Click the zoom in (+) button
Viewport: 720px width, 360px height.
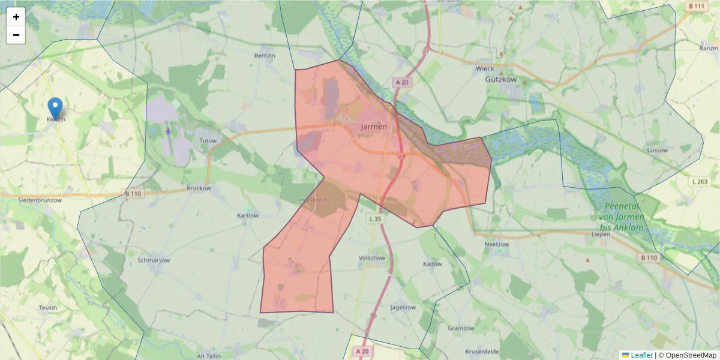coord(16,17)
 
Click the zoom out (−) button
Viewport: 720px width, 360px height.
coord(16,35)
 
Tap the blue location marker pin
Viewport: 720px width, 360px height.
coord(55,109)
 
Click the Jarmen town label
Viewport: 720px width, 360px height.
coord(374,127)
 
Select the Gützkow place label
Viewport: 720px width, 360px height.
coord(501,79)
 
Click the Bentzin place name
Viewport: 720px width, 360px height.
coord(265,55)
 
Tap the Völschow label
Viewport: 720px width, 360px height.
coord(371,258)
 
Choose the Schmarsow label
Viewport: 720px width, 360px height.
coord(154,261)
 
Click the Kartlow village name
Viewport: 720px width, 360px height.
coord(248,215)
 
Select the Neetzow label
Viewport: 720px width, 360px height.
coord(496,245)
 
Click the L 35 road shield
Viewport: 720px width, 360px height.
coord(376,219)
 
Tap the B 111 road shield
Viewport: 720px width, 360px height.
coord(696,6)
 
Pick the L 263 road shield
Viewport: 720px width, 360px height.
coord(699,181)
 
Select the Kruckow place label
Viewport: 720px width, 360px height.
coord(199,188)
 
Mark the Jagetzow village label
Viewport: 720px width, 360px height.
coord(403,307)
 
